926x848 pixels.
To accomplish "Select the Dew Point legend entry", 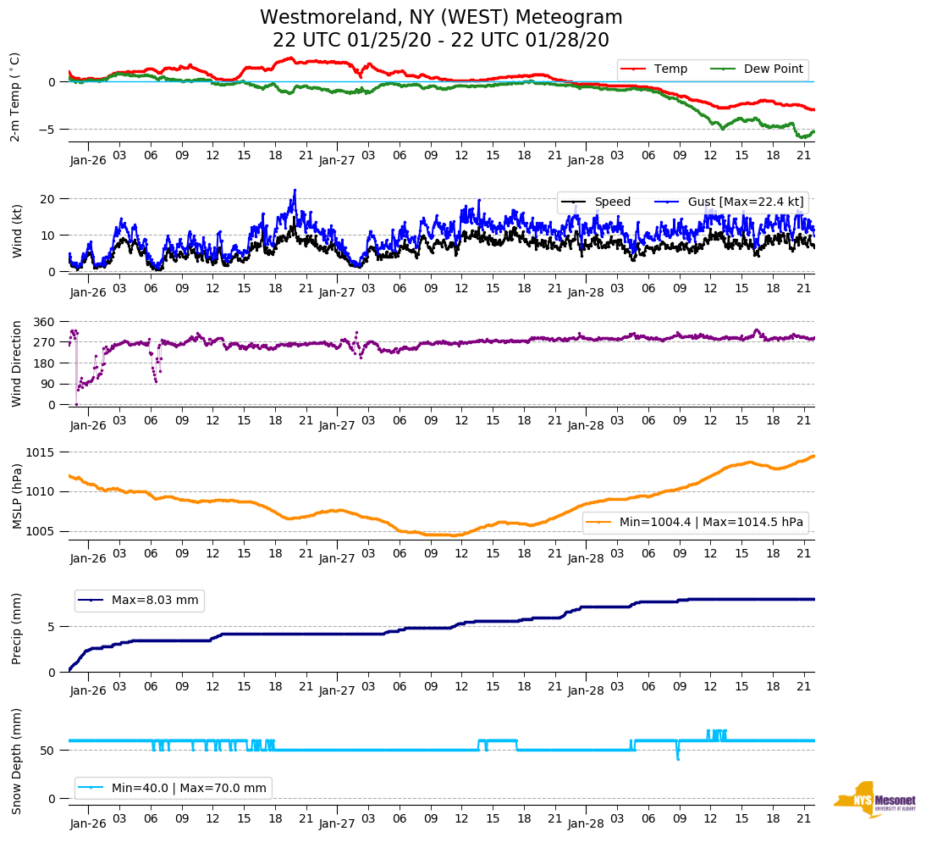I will click(773, 69).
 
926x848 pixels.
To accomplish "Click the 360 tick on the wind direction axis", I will click(44, 322).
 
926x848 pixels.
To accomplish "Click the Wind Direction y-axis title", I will click(16, 363).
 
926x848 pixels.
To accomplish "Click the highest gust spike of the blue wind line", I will click(295, 191).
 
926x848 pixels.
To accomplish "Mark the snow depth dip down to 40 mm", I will click(677, 757).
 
